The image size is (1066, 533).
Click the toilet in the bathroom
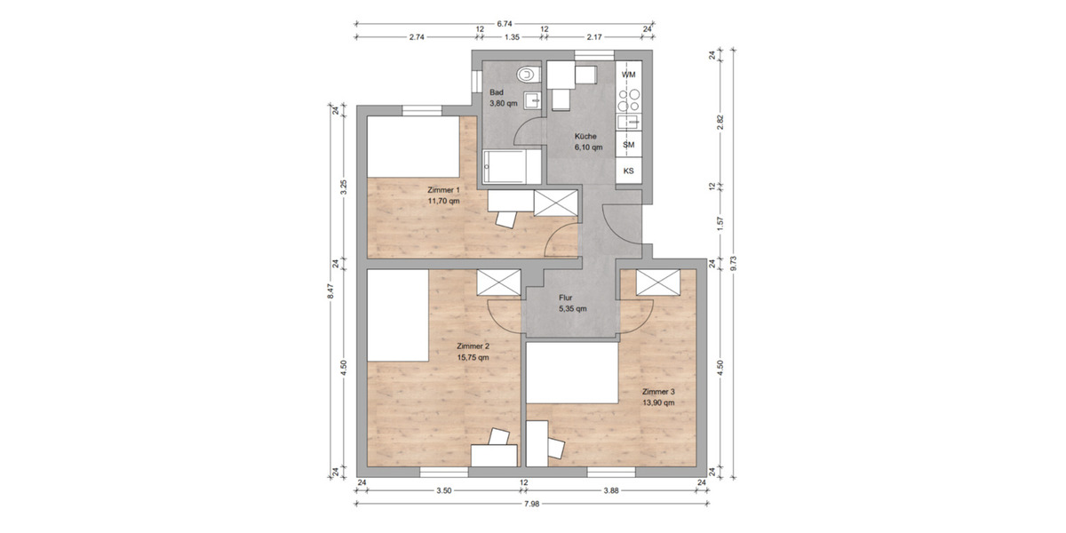pos(529,73)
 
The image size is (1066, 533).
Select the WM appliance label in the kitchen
pos(628,75)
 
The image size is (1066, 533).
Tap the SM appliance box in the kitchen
pos(628,144)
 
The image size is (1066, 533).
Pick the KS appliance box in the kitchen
pos(628,171)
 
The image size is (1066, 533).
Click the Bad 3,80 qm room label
pos(503,98)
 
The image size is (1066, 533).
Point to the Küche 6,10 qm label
pos(588,142)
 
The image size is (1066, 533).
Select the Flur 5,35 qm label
pos(572,304)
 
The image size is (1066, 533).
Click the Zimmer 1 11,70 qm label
pos(443,195)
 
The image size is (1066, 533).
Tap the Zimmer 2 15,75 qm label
pos(472,352)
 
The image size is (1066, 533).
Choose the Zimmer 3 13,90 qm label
pos(658,396)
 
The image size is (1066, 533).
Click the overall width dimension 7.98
pos(532,503)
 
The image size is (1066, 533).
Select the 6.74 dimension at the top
pos(505,25)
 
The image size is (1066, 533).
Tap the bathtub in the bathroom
pos(512,166)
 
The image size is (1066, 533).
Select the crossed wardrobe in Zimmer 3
pos(658,282)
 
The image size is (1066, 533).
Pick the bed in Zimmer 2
pos(398,315)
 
